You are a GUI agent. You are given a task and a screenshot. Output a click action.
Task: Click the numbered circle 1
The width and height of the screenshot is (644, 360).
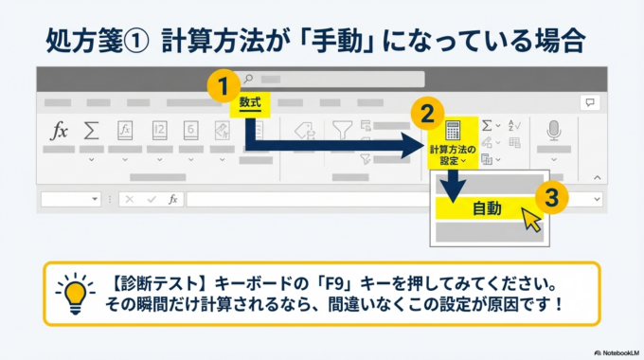point(223,86)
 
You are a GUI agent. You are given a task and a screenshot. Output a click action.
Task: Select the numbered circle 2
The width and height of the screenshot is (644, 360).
point(427,115)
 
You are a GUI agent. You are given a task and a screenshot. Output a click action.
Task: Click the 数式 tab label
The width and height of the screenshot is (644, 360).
point(250,100)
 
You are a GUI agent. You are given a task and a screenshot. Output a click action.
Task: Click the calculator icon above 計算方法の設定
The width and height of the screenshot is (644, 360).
point(453,131)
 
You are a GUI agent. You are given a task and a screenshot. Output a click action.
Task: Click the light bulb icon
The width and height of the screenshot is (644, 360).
point(75,294)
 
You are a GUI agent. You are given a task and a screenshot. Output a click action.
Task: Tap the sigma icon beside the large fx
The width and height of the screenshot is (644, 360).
point(92,131)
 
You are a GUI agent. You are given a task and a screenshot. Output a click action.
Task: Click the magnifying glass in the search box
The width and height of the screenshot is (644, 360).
point(248,79)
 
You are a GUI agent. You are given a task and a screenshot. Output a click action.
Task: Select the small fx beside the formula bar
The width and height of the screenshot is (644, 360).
point(172,200)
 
